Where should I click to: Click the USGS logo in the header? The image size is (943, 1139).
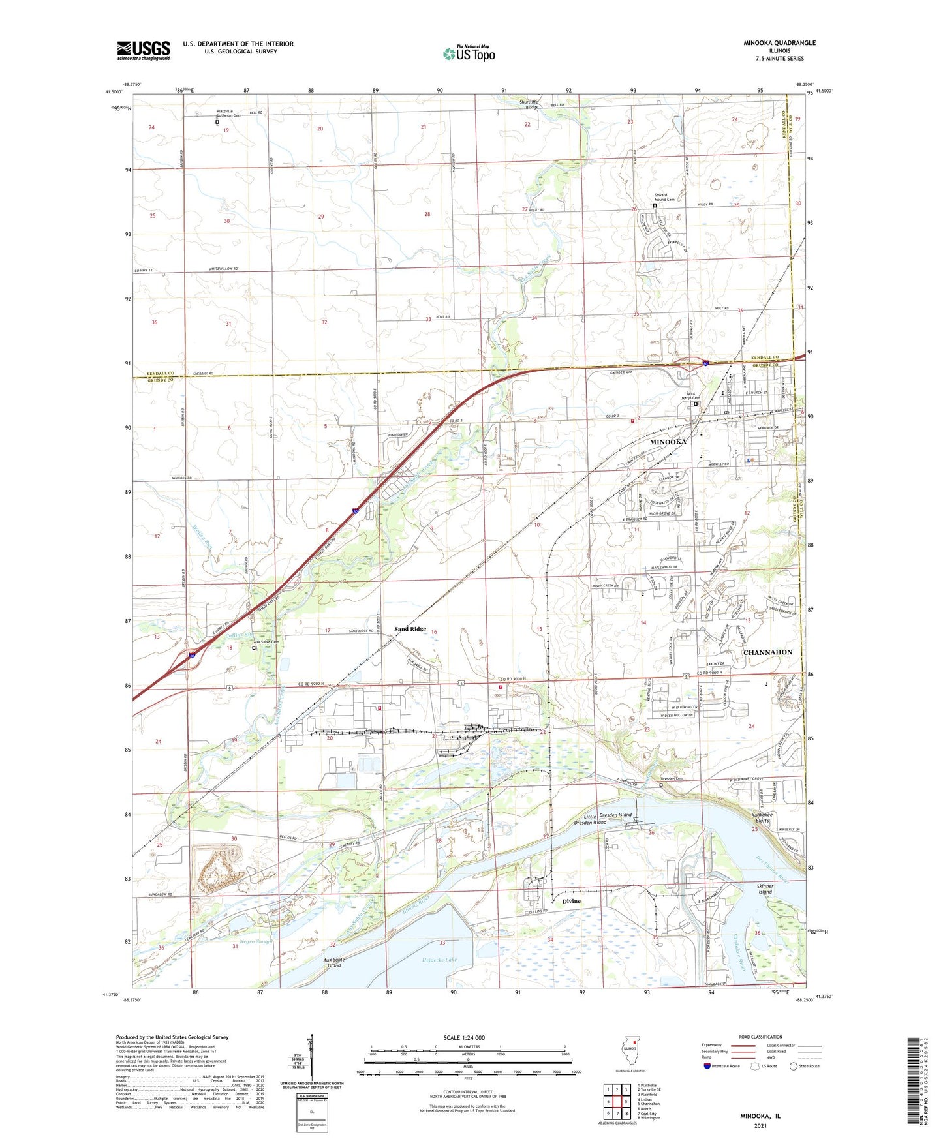point(144,50)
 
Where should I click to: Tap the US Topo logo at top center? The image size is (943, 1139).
point(469,53)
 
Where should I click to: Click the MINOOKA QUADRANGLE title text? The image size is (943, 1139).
point(779,43)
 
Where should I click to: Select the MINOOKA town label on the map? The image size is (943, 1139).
point(668,442)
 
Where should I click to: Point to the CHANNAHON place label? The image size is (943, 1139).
point(767,652)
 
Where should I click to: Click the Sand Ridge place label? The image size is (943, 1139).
point(410,629)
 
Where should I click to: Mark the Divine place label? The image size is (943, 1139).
point(571,901)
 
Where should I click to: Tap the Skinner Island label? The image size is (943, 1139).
point(765,888)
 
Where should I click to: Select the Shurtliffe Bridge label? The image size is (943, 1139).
point(529,104)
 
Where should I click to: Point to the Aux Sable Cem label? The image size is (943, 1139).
point(266,642)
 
